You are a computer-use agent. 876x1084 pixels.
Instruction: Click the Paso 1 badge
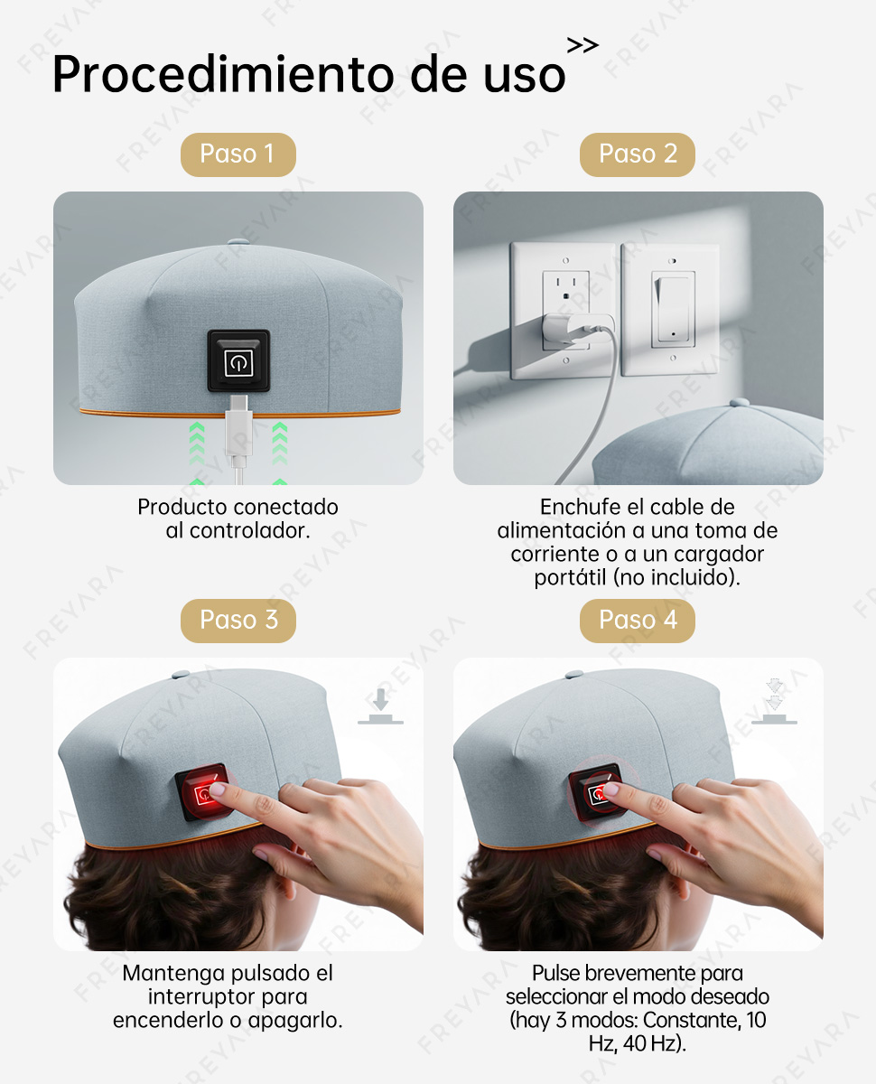pyautogui.click(x=238, y=154)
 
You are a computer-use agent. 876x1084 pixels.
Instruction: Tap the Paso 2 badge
pyautogui.click(x=638, y=154)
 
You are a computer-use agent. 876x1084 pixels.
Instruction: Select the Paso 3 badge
pyautogui.click(x=238, y=621)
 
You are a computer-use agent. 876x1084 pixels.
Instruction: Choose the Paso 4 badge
pyautogui.click(x=638, y=621)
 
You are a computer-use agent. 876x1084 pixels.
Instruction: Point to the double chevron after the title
pyautogui.click(x=583, y=45)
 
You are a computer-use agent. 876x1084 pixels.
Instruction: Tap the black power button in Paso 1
pyautogui.click(x=238, y=360)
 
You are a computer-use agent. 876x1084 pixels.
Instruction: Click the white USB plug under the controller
pyautogui.click(x=238, y=430)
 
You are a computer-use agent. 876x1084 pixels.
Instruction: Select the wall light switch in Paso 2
pyautogui.click(x=673, y=310)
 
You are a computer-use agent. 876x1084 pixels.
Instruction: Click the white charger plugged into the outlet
pyautogui.click(x=576, y=330)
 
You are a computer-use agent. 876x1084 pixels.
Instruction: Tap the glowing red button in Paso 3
pyautogui.click(x=203, y=792)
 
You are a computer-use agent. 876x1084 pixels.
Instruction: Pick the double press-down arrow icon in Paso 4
pyautogui.click(x=774, y=701)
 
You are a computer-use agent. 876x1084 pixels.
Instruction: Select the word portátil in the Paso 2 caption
pyautogui.click(x=570, y=578)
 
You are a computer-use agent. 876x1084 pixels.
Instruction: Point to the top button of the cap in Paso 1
pyautogui.click(x=238, y=242)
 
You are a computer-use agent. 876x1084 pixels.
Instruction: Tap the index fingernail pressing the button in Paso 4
pyautogui.click(x=610, y=790)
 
